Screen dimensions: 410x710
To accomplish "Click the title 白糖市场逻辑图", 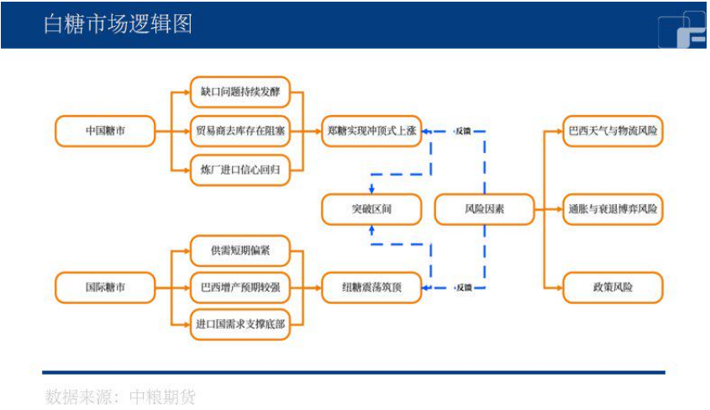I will point(118,23).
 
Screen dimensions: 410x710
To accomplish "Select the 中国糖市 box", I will point(105,131).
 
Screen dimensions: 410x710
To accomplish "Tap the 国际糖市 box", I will point(105,287).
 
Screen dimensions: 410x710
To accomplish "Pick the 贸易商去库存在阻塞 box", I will point(239,131).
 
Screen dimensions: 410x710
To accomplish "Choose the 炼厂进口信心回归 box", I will point(239,170).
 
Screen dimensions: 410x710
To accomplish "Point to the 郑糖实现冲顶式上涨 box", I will point(371,131).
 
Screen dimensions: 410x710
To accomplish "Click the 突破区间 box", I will point(371,208).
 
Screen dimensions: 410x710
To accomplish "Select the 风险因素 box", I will point(484,208).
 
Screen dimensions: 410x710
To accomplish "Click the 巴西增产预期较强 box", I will point(239,287).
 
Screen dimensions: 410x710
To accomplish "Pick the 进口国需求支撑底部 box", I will point(239,323).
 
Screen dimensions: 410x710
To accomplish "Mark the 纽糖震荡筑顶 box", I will point(371,287).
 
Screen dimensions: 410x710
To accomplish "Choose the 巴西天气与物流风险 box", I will point(613,131).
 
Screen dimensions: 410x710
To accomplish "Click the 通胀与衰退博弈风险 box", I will point(613,208).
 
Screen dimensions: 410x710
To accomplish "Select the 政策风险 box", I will point(613,287).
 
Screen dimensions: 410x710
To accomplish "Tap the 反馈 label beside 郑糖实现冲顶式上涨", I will point(463,131).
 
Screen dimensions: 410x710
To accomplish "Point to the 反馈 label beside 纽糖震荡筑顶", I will point(463,287).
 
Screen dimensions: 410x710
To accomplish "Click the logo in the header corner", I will point(681,29).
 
